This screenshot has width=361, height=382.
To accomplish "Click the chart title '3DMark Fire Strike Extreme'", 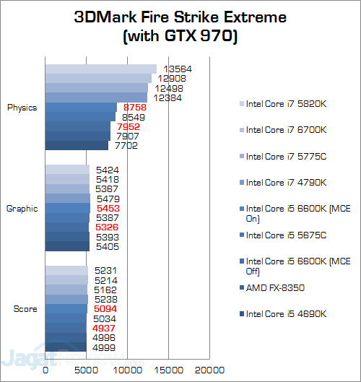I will click(180, 17).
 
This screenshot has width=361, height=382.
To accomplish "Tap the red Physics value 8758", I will click(134, 107).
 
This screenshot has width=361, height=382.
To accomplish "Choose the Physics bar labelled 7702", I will click(77, 145).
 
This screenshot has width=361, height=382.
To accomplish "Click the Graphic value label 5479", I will click(107, 199).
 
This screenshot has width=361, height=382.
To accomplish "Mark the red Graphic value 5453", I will click(106, 208).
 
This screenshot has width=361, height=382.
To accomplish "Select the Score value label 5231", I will click(105, 271).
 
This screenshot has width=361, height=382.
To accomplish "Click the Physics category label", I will click(22, 108).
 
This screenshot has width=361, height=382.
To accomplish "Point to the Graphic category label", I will click(22, 209).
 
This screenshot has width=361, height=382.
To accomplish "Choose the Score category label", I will click(25, 309).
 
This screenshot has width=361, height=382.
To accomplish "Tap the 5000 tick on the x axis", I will click(87, 370).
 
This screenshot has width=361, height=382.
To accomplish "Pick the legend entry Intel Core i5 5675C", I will click(287, 235).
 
